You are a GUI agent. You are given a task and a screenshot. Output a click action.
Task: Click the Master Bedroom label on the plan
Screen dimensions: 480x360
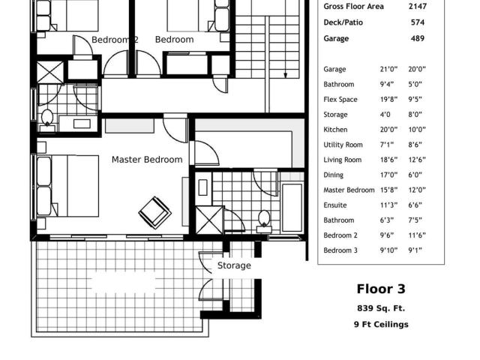pos(147,160)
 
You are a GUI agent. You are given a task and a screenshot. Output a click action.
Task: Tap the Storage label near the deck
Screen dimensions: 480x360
pos(234,265)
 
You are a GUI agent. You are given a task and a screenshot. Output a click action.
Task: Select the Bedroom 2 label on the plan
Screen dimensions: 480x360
pos(115,40)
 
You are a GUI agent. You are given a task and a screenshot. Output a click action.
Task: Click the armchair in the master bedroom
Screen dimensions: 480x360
pos(155,212)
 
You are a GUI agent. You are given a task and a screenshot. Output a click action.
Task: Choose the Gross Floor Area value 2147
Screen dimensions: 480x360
pos(418,7)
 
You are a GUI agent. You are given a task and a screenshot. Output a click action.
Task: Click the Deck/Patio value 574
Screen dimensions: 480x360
pos(418,22)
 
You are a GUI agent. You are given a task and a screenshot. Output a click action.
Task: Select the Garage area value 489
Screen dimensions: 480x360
pos(418,38)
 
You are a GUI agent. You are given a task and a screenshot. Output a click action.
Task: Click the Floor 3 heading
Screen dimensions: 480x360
pos(381,289)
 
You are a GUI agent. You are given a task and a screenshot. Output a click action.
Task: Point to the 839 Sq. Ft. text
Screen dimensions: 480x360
pos(381,308)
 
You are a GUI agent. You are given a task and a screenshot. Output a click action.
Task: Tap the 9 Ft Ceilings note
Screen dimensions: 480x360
pos(381,325)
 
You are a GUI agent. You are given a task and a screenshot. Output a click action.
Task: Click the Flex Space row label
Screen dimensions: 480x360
pos(340,100)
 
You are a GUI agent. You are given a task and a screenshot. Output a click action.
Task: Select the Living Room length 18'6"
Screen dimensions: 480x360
pos(388,160)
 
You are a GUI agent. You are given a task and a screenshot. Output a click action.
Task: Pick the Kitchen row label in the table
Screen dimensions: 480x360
pos(335,130)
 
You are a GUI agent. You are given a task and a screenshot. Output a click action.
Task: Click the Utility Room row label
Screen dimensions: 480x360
pos(343,145)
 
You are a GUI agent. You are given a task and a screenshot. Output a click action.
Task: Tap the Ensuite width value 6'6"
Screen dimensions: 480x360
pos(415,205)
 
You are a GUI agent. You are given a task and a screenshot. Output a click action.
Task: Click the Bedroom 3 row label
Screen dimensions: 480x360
pos(340,250)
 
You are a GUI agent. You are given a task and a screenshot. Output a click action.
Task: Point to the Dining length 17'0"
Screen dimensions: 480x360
pos(388,175)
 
